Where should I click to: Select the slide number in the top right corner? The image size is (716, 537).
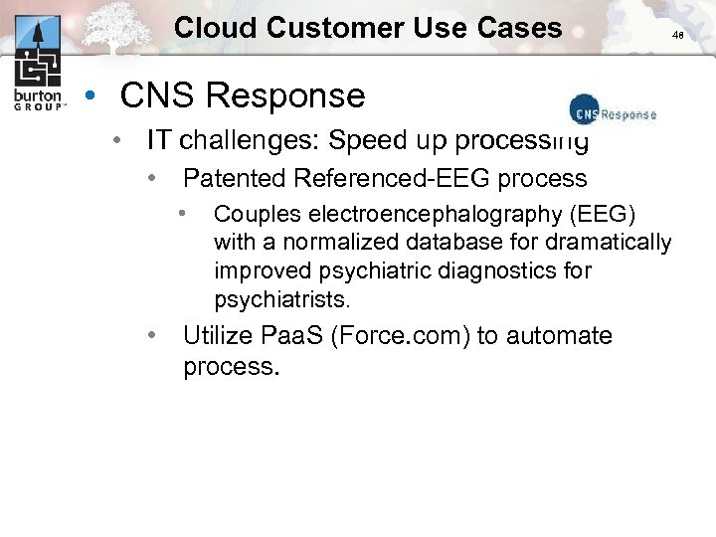coord(677,35)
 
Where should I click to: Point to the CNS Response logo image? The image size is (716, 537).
coord(613,112)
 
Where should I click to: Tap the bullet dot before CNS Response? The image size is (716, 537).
coord(90,96)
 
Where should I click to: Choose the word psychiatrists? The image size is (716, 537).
coord(282,298)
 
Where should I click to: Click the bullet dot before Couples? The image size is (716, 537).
coord(183,212)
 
